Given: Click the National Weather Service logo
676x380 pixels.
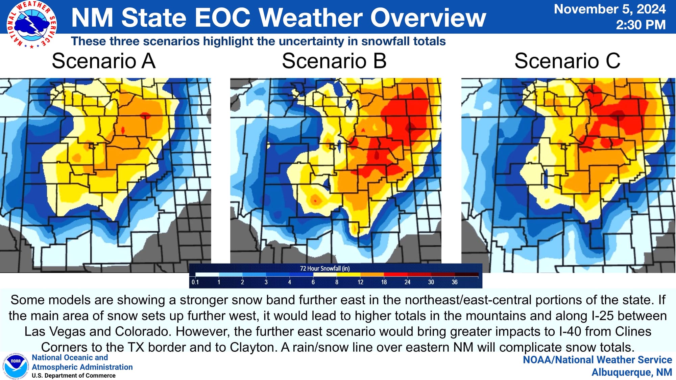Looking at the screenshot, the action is point(32,24).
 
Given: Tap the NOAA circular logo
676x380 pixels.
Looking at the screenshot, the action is point(16,367).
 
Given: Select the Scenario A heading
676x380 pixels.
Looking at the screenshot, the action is point(103,61).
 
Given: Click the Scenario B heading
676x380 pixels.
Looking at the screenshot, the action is point(334,61).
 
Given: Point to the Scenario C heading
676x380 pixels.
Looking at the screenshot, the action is point(567,61).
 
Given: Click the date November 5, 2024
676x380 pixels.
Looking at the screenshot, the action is point(610,9).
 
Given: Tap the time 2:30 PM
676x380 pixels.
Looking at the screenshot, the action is point(641,25).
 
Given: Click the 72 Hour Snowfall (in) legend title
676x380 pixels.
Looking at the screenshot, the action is point(325,268).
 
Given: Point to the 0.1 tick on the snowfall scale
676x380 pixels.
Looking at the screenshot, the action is point(195,282).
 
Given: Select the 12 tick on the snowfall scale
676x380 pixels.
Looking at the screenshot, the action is point(360,282).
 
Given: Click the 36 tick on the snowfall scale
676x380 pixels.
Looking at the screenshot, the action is point(455,282).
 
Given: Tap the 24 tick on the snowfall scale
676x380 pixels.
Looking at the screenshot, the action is point(407,282).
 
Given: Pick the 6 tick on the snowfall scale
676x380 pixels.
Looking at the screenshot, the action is point(313,282).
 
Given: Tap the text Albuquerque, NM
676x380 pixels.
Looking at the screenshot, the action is point(632,372).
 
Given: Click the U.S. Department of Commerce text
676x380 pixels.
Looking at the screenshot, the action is point(74,376).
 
